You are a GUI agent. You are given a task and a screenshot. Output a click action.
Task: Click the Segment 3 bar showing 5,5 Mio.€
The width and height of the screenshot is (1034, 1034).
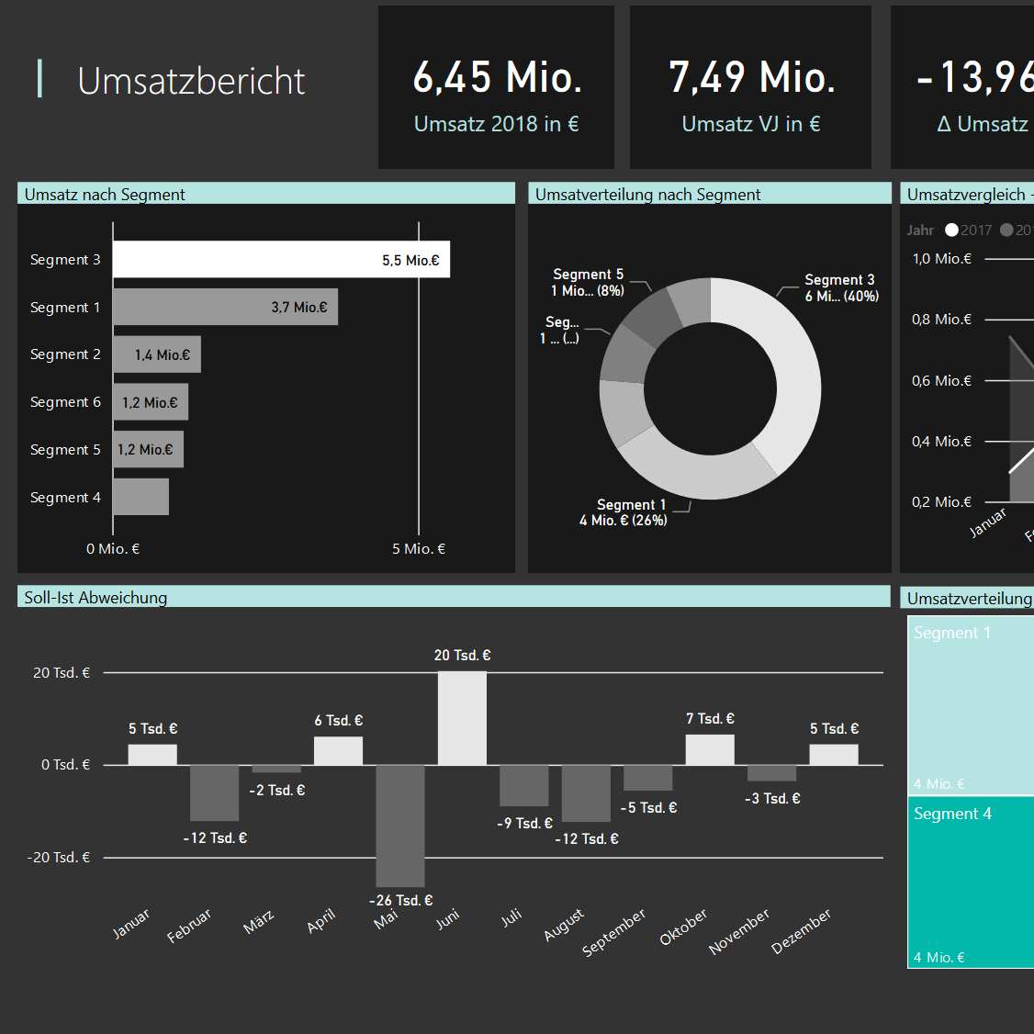pyautogui.click(x=281, y=260)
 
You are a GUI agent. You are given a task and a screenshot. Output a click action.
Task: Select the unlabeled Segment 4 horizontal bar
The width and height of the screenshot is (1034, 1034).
pyautogui.click(x=140, y=497)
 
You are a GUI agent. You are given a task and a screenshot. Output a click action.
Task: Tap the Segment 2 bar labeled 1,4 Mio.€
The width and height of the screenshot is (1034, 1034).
pyautogui.click(x=156, y=354)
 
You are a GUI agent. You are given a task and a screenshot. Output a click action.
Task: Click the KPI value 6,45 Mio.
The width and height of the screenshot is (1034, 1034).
pyautogui.click(x=497, y=77)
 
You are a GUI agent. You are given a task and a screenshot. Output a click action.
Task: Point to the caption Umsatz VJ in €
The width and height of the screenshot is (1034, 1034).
pyautogui.click(x=750, y=124)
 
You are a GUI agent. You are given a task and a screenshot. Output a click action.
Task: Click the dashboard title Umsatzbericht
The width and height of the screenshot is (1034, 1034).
pyautogui.click(x=191, y=81)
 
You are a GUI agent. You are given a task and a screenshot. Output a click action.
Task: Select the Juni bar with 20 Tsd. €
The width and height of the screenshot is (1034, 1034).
pyautogui.click(x=462, y=718)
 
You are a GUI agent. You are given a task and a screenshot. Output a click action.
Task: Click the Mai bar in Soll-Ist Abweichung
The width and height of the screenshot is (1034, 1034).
pyautogui.click(x=400, y=825)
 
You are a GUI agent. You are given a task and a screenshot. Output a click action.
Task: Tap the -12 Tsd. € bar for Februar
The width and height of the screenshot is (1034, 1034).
pyautogui.click(x=214, y=792)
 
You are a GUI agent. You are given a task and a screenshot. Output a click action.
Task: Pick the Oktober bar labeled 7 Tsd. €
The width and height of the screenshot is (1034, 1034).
pyautogui.click(x=710, y=749)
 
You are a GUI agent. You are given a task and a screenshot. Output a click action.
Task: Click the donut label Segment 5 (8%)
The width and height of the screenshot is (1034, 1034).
pyautogui.click(x=588, y=282)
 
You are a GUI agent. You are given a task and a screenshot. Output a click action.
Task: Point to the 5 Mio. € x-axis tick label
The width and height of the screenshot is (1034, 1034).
pyautogui.click(x=419, y=549)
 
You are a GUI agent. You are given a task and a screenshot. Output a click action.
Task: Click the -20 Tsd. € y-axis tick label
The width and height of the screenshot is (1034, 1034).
pyautogui.click(x=59, y=858)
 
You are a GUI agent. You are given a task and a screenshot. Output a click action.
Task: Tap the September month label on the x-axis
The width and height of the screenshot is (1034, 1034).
pyautogui.click(x=614, y=931)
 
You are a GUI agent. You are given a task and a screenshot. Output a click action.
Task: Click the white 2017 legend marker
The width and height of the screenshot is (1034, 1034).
pyautogui.click(x=951, y=230)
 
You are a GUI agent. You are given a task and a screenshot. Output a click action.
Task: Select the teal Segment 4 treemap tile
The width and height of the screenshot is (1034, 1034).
pyautogui.click(x=971, y=882)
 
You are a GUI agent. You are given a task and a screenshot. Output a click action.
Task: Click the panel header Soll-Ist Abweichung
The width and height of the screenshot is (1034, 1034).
pyautogui.click(x=96, y=598)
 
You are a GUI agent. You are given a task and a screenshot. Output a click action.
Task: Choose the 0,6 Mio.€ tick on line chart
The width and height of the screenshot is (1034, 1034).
pyautogui.click(x=941, y=381)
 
